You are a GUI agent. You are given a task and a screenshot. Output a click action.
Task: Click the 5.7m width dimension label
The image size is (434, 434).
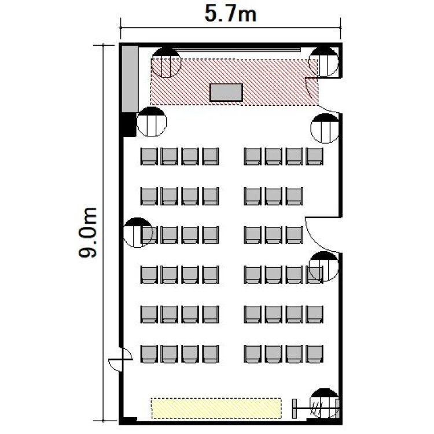[x=230, y=14]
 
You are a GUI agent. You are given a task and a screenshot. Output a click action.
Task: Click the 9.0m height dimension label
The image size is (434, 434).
[x=88, y=232]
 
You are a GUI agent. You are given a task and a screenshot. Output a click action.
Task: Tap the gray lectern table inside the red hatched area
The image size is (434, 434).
[x=226, y=93]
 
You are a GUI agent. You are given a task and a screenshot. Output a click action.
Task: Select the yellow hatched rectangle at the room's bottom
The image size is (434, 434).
[x=216, y=409]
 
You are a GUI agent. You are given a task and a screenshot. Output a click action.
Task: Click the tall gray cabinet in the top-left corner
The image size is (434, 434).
[x=130, y=79]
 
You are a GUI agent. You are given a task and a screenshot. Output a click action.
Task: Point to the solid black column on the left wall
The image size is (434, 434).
[x=129, y=124]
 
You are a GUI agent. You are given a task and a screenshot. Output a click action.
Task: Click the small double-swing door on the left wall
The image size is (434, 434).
[x=120, y=359]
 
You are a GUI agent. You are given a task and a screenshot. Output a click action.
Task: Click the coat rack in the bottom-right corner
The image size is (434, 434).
[x=315, y=409]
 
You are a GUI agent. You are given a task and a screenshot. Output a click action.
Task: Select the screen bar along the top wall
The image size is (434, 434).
[x=237, y=50]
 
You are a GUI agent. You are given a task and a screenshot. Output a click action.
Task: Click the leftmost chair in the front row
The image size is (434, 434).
[x=149, y=156]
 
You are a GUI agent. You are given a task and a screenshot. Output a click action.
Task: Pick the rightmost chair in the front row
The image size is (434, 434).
[x=314, y=156]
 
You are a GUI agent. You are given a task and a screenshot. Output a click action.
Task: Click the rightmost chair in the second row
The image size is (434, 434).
[x=294, y=196]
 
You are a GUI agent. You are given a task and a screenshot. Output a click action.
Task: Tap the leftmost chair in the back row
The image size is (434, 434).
[x=149, y=354]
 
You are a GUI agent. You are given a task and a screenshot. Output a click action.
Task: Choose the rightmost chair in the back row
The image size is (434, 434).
[x=314, y=354]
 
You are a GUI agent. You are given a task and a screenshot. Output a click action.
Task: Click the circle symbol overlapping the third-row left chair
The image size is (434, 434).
[x=138, y=233]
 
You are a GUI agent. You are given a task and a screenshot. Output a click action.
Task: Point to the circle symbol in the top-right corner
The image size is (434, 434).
[x=323, y=62]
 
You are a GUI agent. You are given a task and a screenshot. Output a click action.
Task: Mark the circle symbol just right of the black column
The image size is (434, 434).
[x=152, y=122]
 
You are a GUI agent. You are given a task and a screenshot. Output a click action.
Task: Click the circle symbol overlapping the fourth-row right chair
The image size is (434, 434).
[x=323, y=266]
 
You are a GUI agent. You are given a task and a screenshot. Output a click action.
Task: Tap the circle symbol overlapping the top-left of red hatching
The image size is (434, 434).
[x=166, y=62]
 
